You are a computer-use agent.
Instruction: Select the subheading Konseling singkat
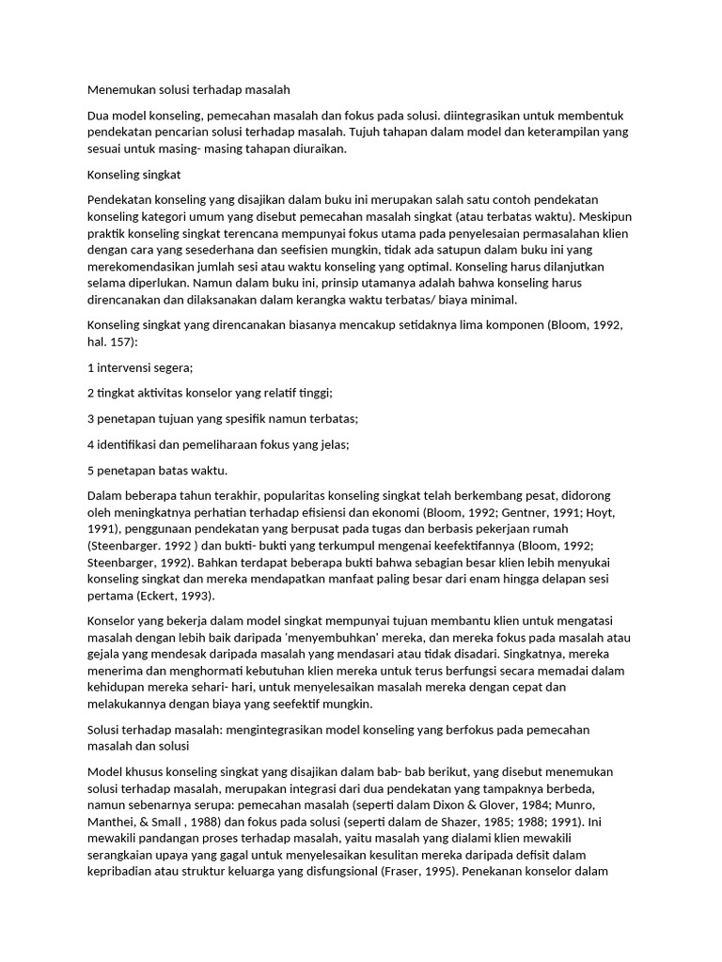tap(133, 175)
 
